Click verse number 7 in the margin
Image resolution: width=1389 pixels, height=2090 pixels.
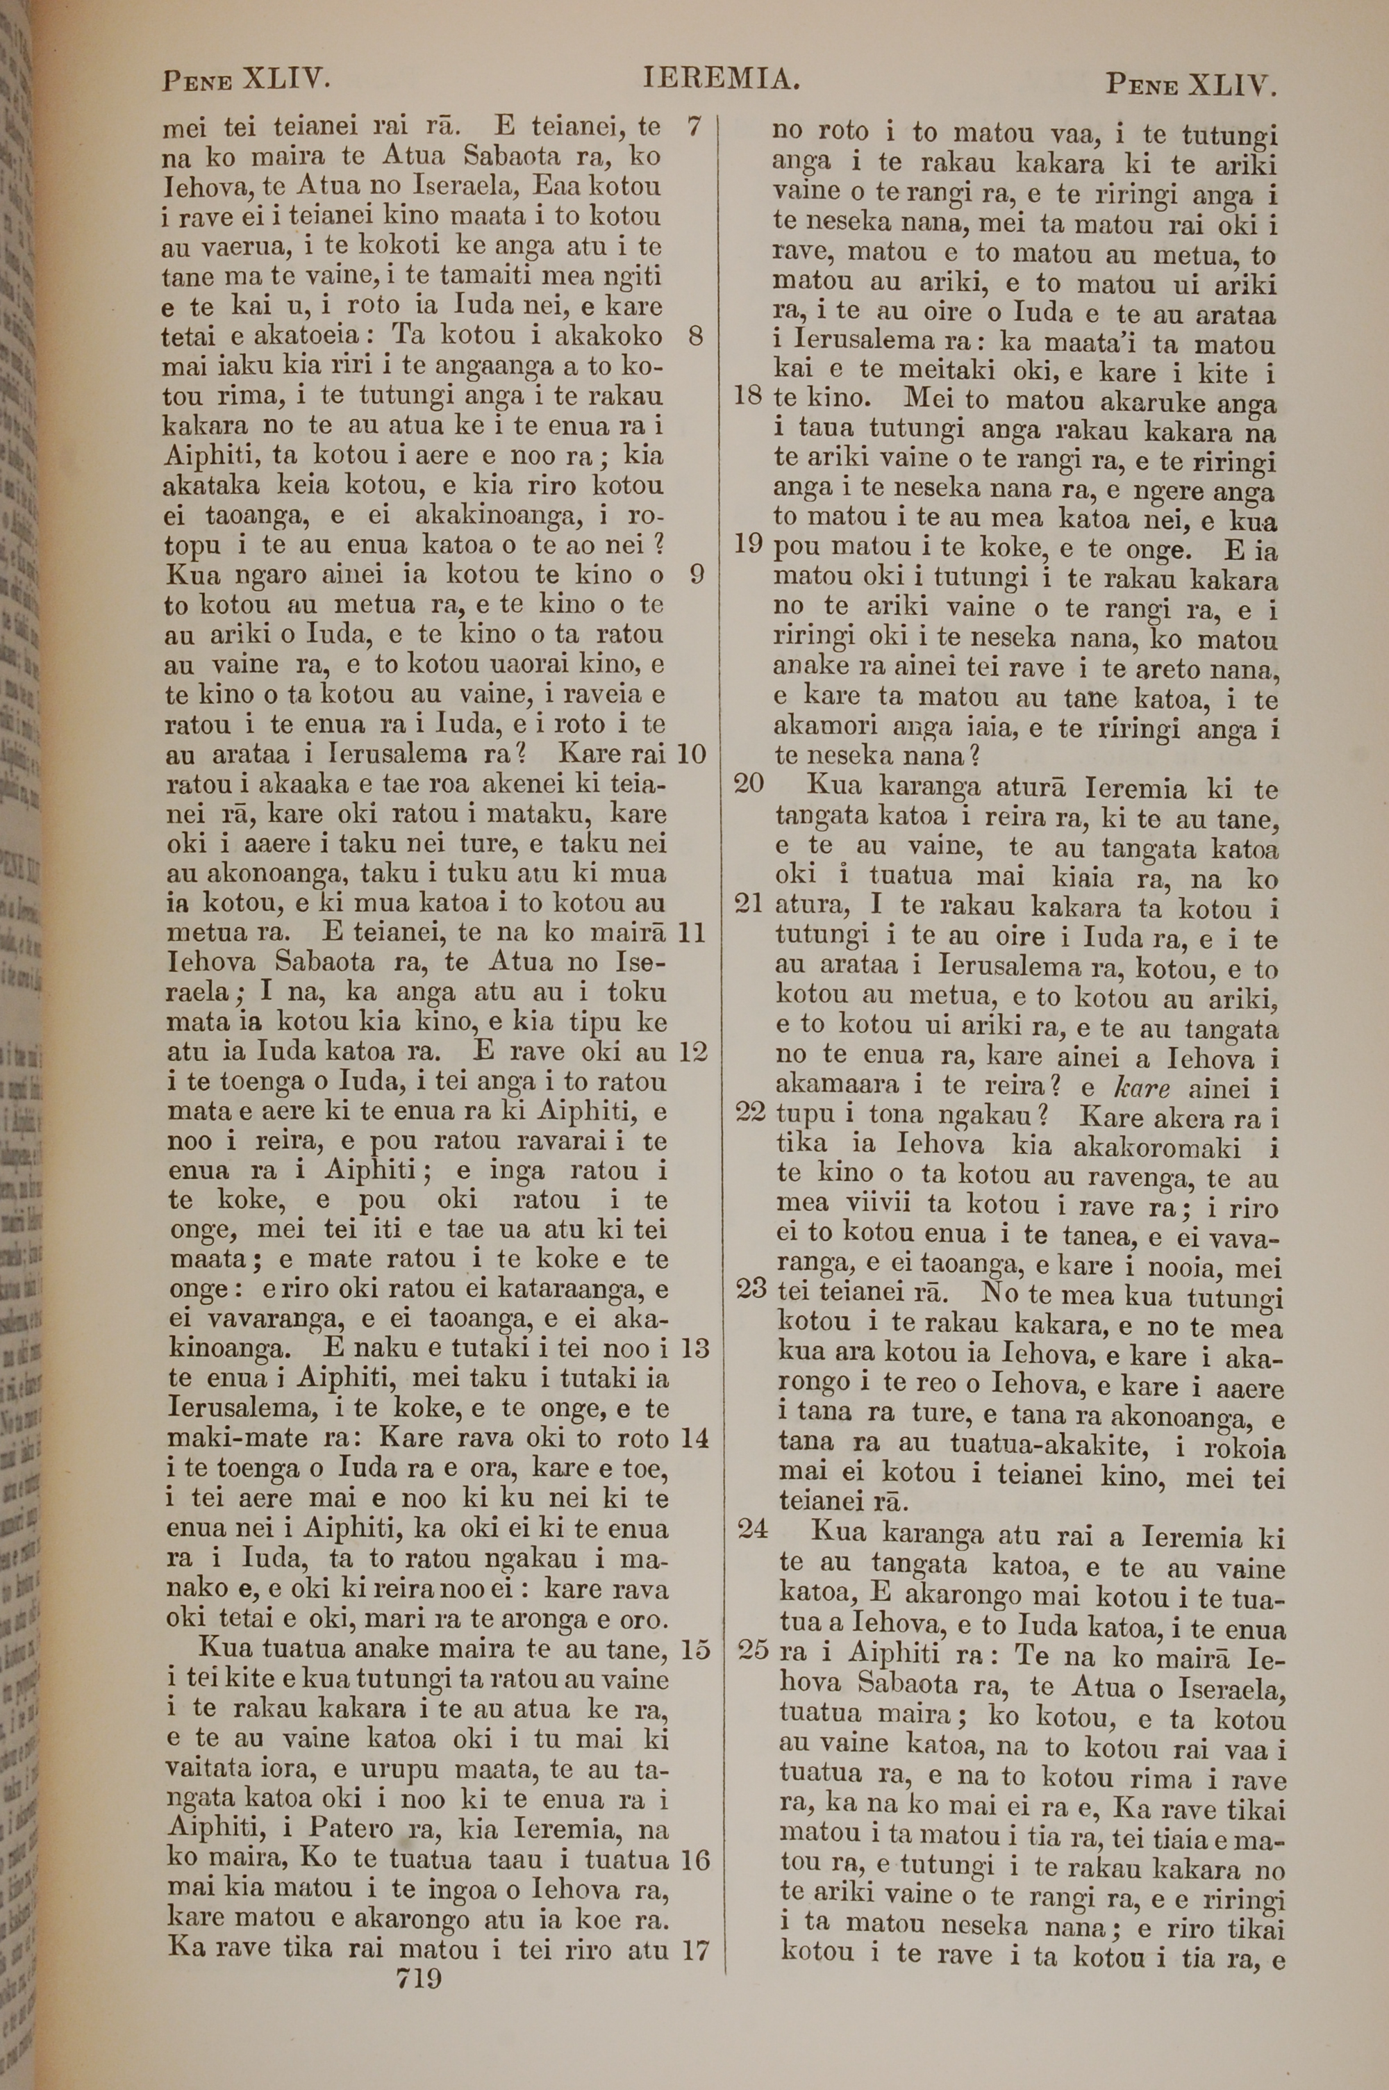click(694, 126)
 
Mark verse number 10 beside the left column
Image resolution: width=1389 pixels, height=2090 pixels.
click(691, 754)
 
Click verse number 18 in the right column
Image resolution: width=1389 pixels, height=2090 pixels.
click(749, 396)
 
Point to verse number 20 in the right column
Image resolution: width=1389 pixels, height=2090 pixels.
click(749, 784)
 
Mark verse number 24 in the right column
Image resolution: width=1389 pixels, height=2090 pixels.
click(752, 1529)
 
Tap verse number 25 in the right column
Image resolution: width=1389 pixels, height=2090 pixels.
click(753, 1651)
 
